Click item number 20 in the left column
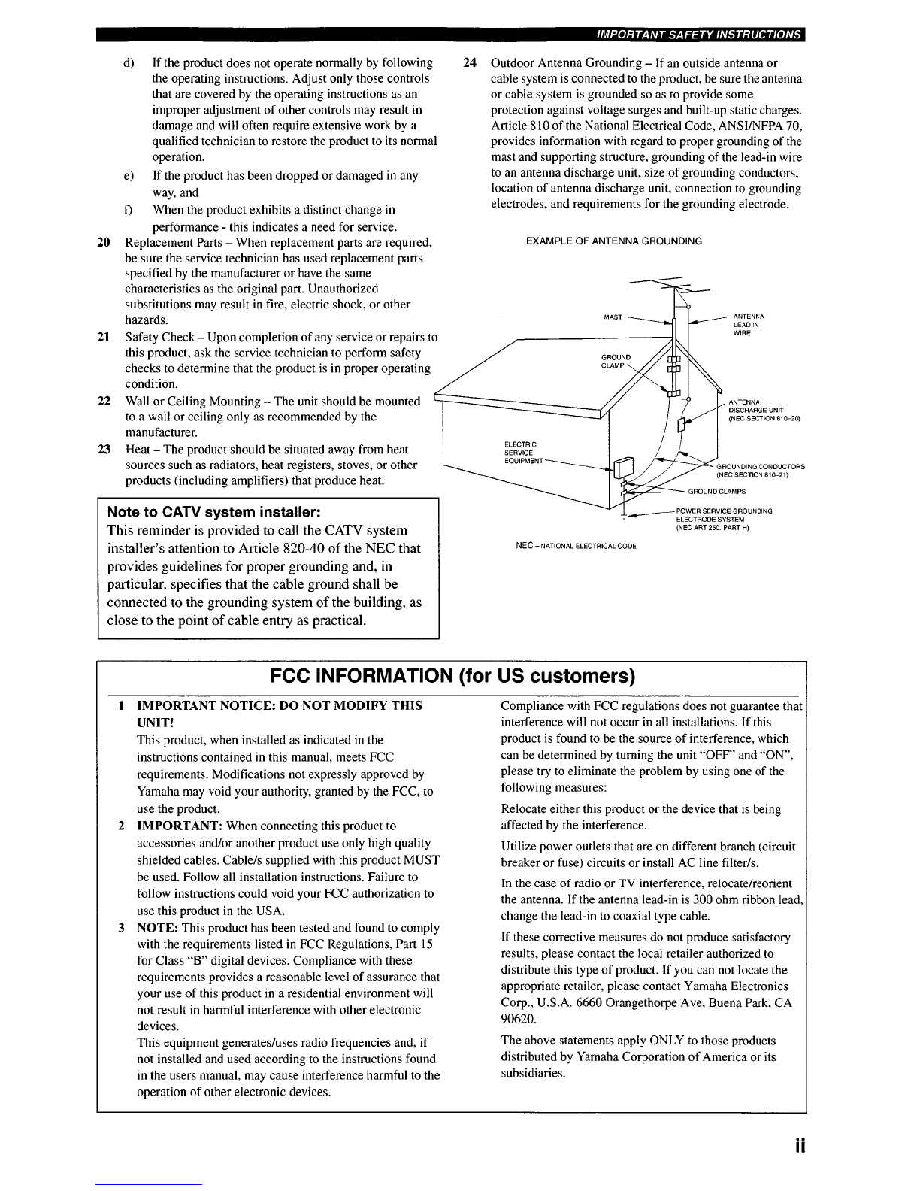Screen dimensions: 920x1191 tap(104, 242)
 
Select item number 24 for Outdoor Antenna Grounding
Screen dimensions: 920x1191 tap(470, 62)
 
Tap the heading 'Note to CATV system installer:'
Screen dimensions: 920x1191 tap(213, 512)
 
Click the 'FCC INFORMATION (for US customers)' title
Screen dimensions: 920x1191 tap(452, 676)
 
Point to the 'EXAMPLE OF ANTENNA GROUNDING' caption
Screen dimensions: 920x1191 tap(613, 241)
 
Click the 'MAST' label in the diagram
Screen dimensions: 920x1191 tap(613, 317)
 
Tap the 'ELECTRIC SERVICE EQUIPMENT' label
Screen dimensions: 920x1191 tap(523, 453)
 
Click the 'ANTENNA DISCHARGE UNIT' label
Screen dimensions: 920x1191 tap(764, 410)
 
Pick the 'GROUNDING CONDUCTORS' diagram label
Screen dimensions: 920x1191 tap(761, 471)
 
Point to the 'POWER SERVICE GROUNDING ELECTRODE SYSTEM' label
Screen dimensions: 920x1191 tap(724, 519)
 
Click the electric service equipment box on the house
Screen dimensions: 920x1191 tap(623, 468)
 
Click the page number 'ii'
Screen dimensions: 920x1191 tap(800, 1147)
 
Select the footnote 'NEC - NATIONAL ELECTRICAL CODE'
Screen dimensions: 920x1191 tap(576, 546)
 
